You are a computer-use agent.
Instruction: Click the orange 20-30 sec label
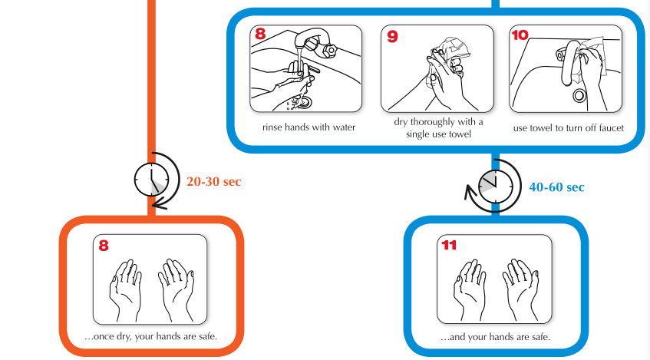213,182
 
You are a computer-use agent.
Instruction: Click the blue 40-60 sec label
556,187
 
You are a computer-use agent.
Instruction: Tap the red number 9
392,36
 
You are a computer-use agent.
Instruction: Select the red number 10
520,35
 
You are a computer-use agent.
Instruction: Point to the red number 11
449,245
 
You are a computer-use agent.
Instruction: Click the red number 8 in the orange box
104,246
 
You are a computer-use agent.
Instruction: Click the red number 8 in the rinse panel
260,33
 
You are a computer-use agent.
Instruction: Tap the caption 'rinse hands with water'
309,127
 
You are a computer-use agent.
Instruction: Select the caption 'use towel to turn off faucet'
569,128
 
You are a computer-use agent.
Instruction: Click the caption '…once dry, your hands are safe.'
150,336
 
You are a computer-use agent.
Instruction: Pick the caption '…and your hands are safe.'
496,337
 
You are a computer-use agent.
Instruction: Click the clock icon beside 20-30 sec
152,180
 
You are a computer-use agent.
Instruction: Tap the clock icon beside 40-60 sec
496,187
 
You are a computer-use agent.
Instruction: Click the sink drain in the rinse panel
305,101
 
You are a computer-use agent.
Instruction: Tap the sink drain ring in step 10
579,96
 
